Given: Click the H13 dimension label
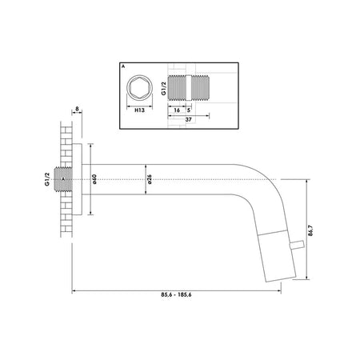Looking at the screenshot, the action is [x=139, y=110].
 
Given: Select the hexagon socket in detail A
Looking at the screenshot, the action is [x=139, y=87].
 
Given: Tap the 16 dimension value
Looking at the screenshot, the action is [x=177, y=110].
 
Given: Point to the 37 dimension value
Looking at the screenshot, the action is [x=188, y=119].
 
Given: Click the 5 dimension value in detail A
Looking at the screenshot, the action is [x=189, y=110].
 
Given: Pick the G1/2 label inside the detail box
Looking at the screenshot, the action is [x=164, y=88].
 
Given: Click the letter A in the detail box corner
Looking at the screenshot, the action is [x=123, y=66].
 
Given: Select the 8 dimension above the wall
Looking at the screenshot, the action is [x=77, y=109].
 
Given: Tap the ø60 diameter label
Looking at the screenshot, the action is [x=94, y=179].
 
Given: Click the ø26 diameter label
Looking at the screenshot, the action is [x=150, y=179].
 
